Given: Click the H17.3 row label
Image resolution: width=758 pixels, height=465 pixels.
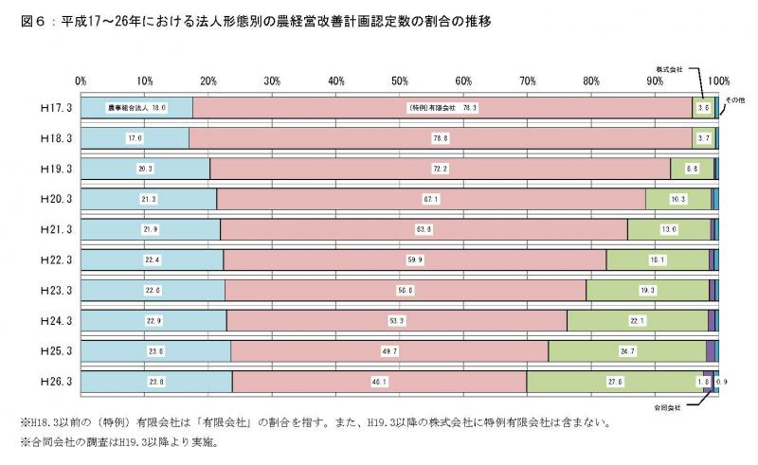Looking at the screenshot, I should [46, 108].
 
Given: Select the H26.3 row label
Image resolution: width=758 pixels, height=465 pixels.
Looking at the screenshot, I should [46, 382].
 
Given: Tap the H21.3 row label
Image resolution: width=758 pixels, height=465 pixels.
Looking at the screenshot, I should [46, 230].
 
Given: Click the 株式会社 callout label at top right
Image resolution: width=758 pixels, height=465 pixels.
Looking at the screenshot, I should [671, 69].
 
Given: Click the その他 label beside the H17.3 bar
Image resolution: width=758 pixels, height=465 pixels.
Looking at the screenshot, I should [736, 98].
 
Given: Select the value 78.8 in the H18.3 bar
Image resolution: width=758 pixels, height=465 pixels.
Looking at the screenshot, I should [440, 138].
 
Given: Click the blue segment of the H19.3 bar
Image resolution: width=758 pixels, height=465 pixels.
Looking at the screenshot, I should [145, 169].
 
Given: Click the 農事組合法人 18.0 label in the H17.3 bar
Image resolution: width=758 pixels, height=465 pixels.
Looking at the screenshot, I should [136, 108].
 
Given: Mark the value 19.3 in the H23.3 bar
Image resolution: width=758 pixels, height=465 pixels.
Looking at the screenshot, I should [647, 291].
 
